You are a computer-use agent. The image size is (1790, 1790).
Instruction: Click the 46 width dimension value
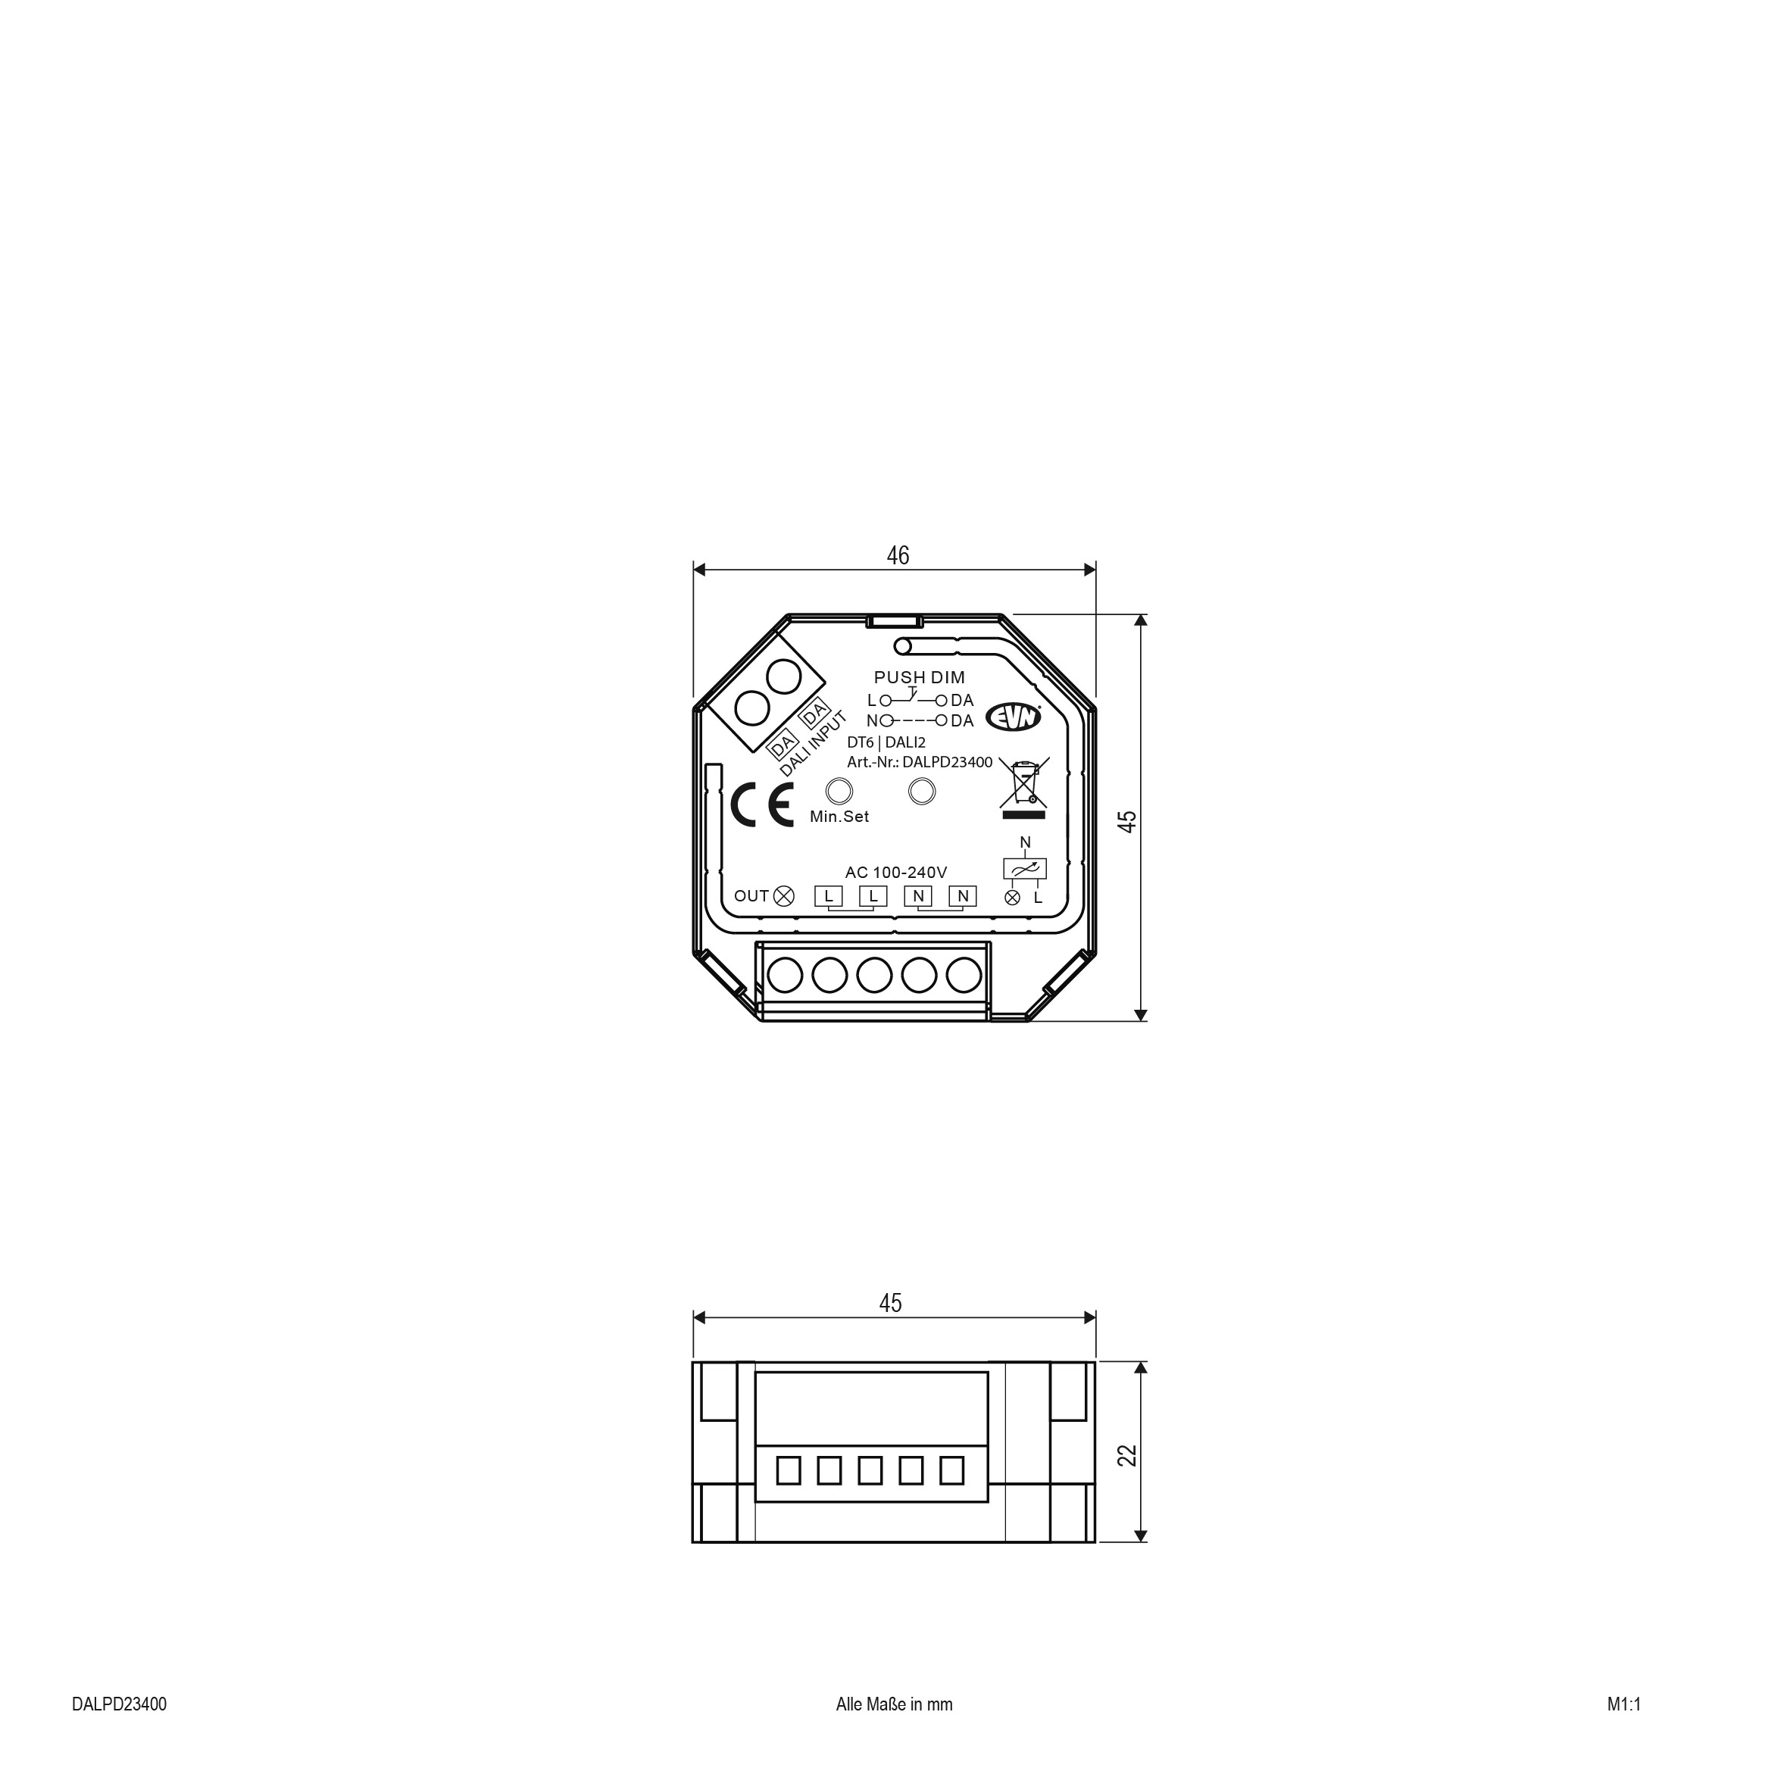[x=897, y=555]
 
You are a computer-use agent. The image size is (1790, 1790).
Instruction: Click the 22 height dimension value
[x=1126, y=1455]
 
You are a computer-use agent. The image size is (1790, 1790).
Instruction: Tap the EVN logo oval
[x=1014, y=716]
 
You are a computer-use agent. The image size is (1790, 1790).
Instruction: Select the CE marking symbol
[x=761, y=805]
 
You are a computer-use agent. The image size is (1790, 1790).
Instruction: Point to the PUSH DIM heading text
[x=919, y=677]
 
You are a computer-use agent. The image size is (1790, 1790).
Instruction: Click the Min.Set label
[x=839, y=817]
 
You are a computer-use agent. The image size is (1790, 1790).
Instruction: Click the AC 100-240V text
[x=895, y=873]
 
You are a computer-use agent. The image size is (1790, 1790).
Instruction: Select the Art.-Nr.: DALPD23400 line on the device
[x=919, y=763]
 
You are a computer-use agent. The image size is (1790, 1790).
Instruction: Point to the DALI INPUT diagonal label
[x=814, y=744]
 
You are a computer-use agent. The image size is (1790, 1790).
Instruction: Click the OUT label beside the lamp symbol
[x=751, y=896]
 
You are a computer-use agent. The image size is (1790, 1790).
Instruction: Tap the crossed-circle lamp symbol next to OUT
[x=784, y=896]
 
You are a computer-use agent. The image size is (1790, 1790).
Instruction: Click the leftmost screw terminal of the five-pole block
[x=785, y=975]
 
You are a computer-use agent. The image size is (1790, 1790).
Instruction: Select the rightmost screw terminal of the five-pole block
[x=964, y=975]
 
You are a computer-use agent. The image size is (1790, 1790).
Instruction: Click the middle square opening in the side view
[x=870, y=1470]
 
